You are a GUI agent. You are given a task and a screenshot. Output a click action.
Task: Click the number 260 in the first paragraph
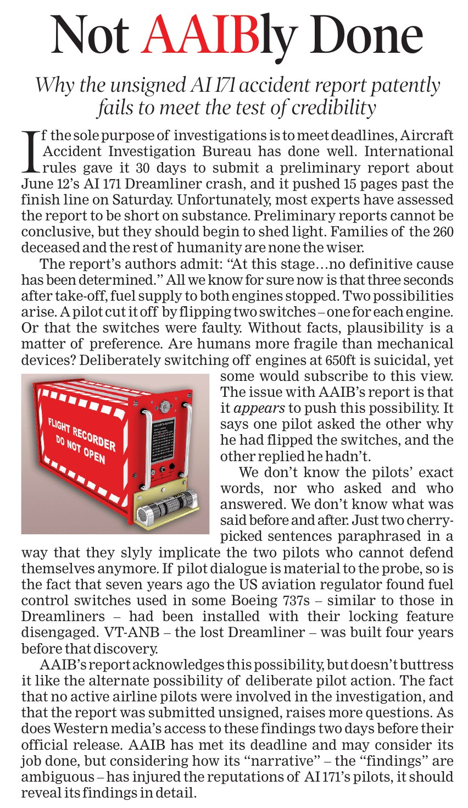click(x=443, y=231)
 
